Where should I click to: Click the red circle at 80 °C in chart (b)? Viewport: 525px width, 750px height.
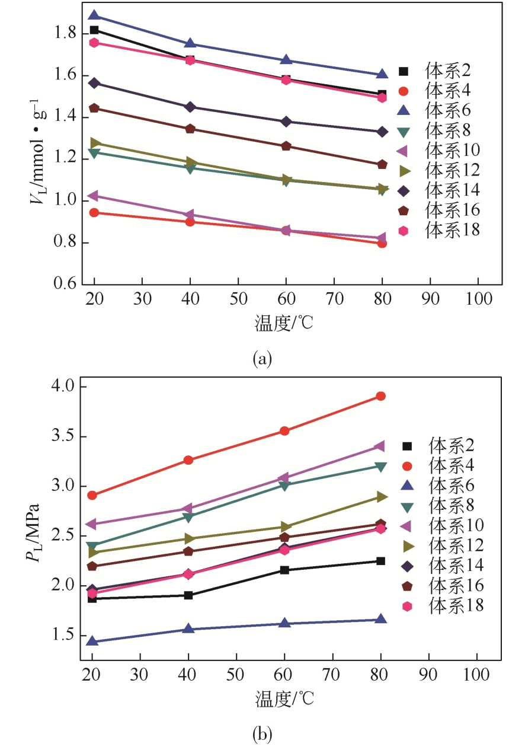pos(380,396)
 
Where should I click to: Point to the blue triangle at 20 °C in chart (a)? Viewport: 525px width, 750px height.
pos(94,15)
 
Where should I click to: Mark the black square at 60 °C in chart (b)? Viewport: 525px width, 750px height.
pos(284,570)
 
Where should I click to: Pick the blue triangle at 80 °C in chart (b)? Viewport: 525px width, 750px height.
pos(380,620)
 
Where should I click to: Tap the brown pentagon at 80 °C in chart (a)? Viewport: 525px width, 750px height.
pos(382,164)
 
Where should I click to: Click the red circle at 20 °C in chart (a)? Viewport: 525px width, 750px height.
pos(94,212)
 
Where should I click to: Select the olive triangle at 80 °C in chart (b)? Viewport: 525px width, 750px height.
pos(380,497)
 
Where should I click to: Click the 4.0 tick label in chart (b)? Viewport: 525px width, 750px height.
pos(60,387)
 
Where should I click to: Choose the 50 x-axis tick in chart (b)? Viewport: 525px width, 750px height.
pos(236,675)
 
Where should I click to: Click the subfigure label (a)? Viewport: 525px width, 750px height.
pos(262,359)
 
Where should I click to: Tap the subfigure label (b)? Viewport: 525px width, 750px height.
pos(262,735)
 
